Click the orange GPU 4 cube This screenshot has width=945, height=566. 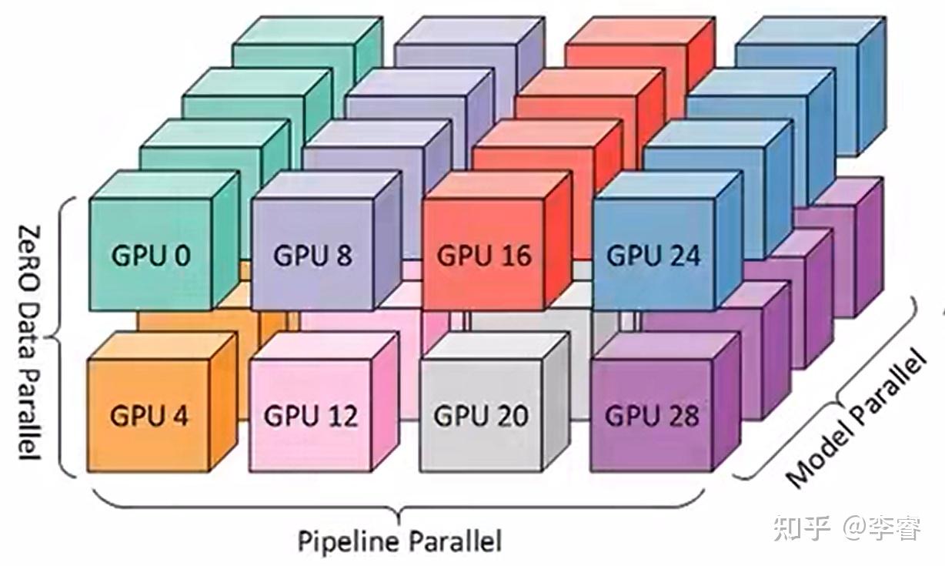149,416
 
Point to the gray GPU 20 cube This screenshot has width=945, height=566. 481,416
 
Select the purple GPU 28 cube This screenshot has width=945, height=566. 651,416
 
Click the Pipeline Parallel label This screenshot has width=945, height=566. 399,541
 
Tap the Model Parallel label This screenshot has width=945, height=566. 854,420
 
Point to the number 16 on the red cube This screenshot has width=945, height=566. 512,256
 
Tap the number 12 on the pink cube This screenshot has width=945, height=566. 340,416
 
